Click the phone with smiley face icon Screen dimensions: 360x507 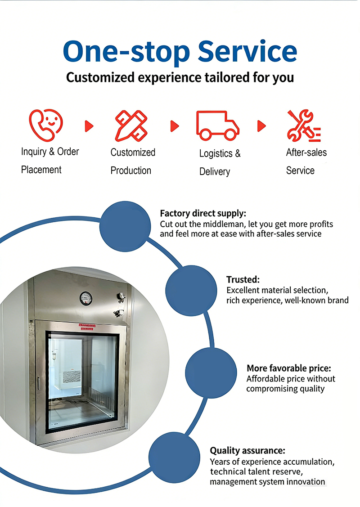click(46, 125)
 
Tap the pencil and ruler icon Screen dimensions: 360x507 click(131, 126)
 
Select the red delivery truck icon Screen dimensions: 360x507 click(217, 126)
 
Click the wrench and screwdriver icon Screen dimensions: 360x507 click(304, 126)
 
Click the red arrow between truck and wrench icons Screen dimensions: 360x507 click(261, 126)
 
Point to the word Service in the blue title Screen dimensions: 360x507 click(247, 51)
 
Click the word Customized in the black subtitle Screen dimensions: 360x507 click(100, 77)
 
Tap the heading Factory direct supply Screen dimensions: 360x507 click(203, 213)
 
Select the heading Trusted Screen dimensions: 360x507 click(243, 279)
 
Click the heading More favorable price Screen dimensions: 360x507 click(289, 368)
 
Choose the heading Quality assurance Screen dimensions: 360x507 click(248, 450)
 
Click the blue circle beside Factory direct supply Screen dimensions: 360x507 click(125, 226)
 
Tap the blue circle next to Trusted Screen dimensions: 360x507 click(191, 291)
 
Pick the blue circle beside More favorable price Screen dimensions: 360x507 click(211, 373)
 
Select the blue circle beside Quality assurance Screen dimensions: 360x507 click(174, 457)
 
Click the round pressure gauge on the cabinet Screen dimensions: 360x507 click(86, 298)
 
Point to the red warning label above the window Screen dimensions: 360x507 click(87, 327)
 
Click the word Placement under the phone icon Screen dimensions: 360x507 click(41, 170)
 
